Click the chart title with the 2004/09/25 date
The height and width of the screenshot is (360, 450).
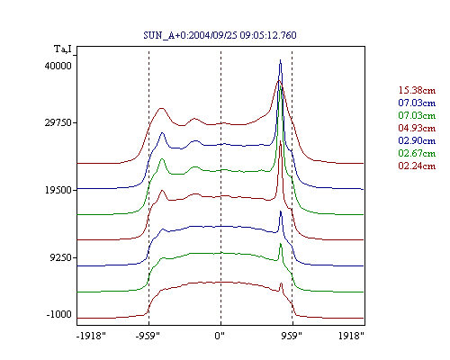tap(220, 35)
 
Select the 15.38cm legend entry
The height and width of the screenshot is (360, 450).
tap(417, 90)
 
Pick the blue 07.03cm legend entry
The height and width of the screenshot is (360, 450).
tap(417, 103)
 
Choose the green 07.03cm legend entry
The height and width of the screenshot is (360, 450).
tap(417, 115)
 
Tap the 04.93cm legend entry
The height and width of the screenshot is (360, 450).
tap(417, 128)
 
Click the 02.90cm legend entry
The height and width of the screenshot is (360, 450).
tap(417, 140)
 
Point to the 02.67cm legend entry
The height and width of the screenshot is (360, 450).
tap(417, 153)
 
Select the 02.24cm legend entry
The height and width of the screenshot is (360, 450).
tap(417, 166)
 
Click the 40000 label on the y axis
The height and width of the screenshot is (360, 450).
tap(58, 66)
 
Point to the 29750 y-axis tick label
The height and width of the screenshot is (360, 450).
tap(58, 122)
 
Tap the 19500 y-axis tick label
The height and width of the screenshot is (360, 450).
tap(58, 190)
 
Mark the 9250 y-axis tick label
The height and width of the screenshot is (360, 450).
tap(61, 257)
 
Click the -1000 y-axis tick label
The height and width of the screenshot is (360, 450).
tap(59, 314)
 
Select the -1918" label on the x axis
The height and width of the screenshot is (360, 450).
tap(91, 336)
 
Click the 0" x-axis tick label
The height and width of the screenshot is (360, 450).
tap(220, 336)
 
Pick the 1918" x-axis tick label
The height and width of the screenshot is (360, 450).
tap(351, 336)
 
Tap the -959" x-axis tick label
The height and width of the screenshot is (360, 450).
tap(148, 336)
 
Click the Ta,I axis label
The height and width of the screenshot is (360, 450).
tap(63, 49)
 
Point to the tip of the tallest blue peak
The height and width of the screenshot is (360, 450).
tap(281, 59)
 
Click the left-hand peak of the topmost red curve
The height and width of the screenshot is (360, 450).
tap(161, 108)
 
